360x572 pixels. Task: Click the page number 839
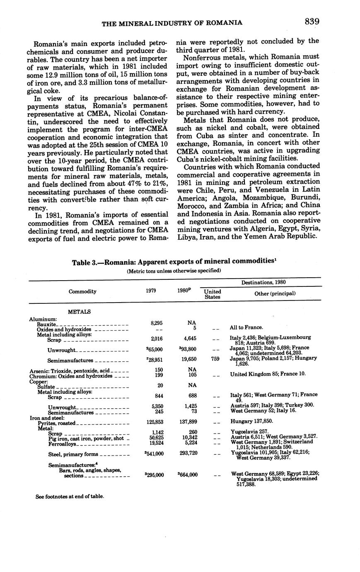[311, 21]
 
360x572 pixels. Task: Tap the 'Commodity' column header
[82, 291]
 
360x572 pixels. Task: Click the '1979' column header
[151, 291]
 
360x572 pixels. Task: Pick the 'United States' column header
[213, 294]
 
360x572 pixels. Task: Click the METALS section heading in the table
[79, 312]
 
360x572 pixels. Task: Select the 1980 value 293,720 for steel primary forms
[188, 454]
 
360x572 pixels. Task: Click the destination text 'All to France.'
[246, 327]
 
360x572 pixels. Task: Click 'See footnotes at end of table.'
[70, 496]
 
